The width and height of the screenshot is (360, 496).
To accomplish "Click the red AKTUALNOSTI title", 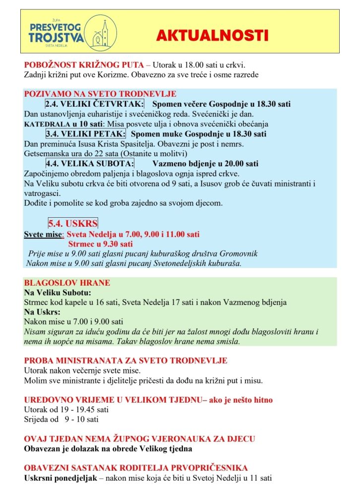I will coord(212,36).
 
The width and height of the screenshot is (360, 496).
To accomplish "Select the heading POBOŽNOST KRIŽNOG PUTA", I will coord(83,65).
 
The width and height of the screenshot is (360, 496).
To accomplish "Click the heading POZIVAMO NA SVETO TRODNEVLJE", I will coord(100,94).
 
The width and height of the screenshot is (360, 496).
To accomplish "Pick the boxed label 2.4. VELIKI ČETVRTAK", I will coord(94,104).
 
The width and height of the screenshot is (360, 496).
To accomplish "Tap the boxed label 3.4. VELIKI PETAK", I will coord(85,134).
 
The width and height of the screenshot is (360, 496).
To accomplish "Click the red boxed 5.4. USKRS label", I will coord(73,223).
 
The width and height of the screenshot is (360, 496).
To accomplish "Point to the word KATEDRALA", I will coord(45,124).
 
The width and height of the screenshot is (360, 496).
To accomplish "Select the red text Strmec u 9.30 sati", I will coord(100,244).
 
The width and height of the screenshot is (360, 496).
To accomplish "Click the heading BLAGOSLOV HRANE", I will coord(67,283).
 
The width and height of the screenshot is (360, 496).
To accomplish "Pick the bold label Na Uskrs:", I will coord(42,312).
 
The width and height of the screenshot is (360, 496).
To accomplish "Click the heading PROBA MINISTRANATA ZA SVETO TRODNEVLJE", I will coord(125,361).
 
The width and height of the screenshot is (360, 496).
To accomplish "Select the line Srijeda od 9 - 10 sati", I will coord(61,420).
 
